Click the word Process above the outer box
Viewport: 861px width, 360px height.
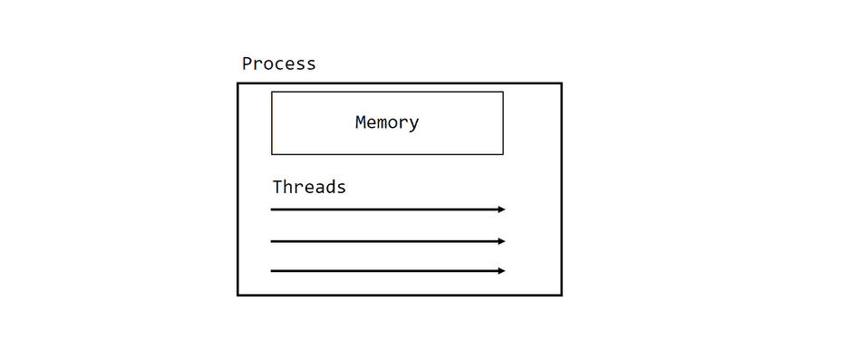click(278, 63)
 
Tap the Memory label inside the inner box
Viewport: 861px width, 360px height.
click(387, 122)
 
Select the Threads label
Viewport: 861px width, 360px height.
click(309, 187)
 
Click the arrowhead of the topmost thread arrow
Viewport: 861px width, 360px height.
click(501, 209)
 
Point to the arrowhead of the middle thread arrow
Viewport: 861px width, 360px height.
click(501, 241)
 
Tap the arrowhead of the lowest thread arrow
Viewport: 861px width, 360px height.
click(501, 270)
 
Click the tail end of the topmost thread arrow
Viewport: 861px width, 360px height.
click(272, 209)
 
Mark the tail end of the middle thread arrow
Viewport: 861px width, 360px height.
click(272, 241)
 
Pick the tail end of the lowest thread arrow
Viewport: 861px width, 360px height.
click(272, 270)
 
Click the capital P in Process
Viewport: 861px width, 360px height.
click(247, 63)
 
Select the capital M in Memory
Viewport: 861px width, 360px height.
click(361, 122)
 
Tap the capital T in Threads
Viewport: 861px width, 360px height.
click(278, 187)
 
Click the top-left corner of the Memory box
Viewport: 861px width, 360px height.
click(272, 92)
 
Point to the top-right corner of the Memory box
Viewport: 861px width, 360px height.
click(503, 92)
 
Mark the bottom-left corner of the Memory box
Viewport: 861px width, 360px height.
click(272, 154)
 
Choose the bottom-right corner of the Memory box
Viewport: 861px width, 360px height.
click(503, 154)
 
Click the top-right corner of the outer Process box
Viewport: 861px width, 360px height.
click(561, 83)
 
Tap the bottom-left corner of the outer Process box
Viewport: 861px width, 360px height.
click(238, 295)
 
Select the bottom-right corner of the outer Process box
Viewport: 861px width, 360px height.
click(561, 295)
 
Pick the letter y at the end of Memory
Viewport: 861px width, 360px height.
click(413, 124)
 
